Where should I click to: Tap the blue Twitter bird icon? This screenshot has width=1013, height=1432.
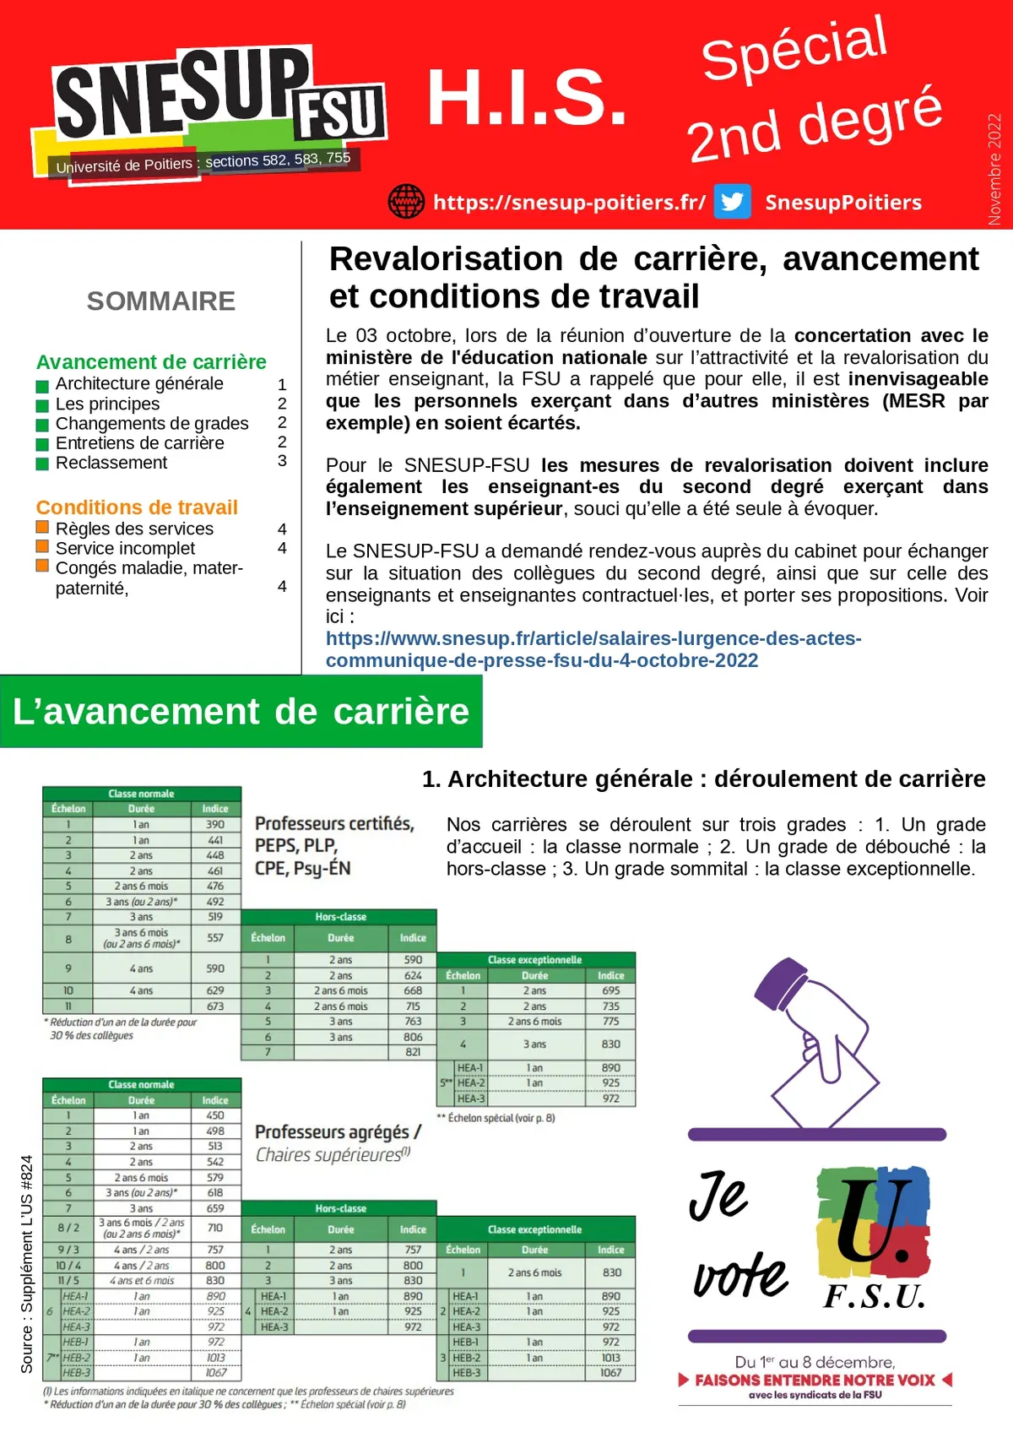732,202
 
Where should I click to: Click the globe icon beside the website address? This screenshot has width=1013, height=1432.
406,202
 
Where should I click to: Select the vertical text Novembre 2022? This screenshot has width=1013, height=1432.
994,169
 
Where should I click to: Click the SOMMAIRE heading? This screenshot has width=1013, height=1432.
161,301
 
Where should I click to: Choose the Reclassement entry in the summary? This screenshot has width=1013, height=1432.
111,463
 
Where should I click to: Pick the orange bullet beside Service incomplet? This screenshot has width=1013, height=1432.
42,547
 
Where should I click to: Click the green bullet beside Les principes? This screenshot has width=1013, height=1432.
42,405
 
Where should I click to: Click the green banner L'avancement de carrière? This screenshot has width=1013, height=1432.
241,712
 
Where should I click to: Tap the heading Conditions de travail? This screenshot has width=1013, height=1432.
137,507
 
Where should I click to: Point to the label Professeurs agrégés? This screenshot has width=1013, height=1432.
338,1132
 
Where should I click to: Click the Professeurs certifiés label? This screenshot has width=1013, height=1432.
334,824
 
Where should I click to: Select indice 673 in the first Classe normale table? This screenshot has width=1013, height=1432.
215,1006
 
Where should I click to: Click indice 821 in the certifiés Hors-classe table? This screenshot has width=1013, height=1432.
413,1052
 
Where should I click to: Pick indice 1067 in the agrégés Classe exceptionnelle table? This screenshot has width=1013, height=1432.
610,1373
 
